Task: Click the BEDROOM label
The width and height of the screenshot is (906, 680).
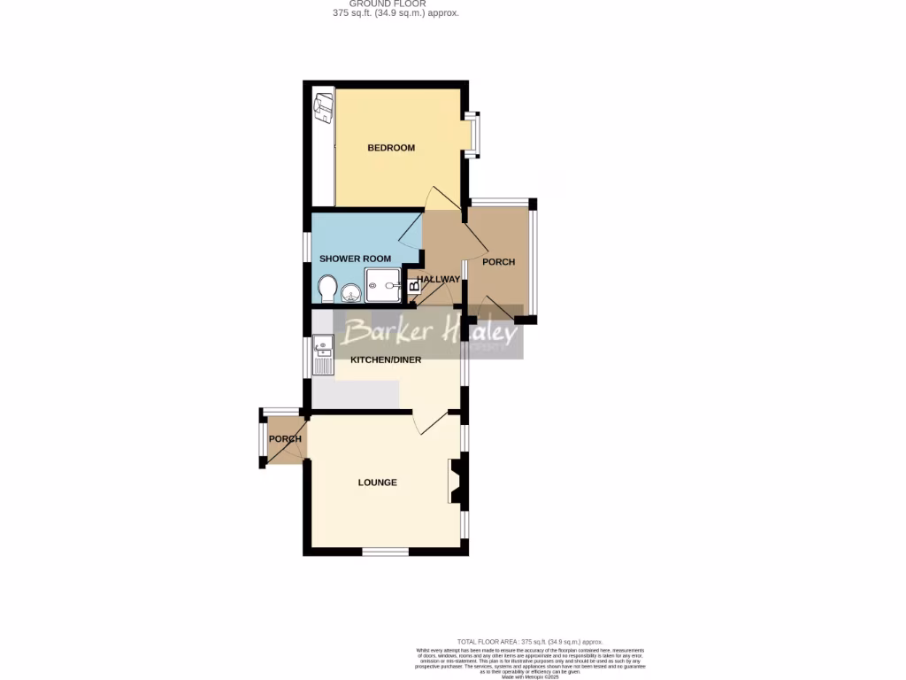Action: (391, 148)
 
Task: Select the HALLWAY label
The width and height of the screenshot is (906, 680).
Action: (439, 280)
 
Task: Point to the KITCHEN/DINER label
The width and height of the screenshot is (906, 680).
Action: (386, 360)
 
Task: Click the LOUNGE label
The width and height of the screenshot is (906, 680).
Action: (377, 483)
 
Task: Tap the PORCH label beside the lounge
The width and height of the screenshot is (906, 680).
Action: (285, 439)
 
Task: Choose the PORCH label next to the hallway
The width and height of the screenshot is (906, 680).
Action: (498, 262)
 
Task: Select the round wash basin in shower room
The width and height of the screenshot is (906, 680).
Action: (350, 290)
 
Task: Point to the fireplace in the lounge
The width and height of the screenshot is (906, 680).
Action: (457, 483)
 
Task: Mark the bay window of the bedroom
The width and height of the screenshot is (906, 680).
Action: (474, 135)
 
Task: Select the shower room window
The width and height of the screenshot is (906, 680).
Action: (306, 247)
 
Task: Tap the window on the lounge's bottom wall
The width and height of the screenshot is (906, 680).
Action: (385, 552)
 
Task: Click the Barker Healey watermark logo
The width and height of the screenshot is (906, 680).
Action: (430, 333)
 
